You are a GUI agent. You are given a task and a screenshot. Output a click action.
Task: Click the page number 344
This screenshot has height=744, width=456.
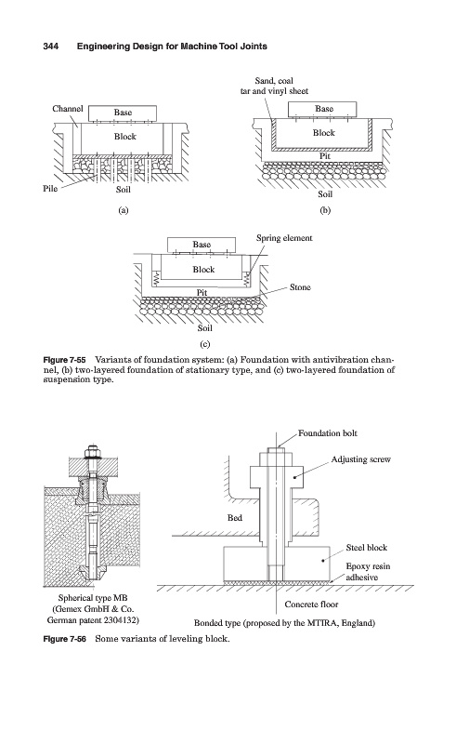(51, 46)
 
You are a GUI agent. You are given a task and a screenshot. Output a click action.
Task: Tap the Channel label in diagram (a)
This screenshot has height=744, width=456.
(67, 109)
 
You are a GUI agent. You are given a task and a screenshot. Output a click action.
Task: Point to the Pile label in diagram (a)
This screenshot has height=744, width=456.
(50, 189)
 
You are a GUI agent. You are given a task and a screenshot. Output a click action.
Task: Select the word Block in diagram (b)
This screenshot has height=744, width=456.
(324, 133)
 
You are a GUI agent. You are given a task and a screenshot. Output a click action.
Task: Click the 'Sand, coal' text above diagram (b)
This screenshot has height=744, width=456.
(274, 81)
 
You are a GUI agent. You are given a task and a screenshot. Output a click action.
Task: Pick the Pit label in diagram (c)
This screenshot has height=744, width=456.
(202, 293)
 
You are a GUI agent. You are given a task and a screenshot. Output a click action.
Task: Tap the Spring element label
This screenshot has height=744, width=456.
(284, 238)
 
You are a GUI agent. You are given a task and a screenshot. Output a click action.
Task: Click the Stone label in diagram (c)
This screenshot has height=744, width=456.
(300, 287)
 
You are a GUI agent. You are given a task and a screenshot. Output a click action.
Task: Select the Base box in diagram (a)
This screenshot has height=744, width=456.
(123, 113)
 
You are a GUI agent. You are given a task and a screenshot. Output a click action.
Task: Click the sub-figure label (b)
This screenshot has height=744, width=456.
(325, 210)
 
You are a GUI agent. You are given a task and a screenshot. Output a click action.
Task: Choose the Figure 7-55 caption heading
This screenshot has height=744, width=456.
(64, 359)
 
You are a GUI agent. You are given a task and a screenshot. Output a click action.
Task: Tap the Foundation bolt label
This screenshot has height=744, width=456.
(328, 433)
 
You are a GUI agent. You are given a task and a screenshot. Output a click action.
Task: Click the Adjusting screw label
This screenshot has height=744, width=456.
(360, 459)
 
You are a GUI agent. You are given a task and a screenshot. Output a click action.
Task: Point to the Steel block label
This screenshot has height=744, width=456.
(367, 548)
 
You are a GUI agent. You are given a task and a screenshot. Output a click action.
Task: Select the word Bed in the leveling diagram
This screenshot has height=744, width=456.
(235, 518)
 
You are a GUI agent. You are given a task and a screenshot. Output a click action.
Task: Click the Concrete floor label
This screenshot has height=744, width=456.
(311, 604)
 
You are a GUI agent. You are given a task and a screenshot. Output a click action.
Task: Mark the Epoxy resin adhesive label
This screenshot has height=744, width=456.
(368, 572)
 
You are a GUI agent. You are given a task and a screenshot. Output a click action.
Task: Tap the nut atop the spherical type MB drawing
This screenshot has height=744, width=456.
(92, 449)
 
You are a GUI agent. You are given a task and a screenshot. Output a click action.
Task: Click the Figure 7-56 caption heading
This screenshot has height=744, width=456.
(64, 639)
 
